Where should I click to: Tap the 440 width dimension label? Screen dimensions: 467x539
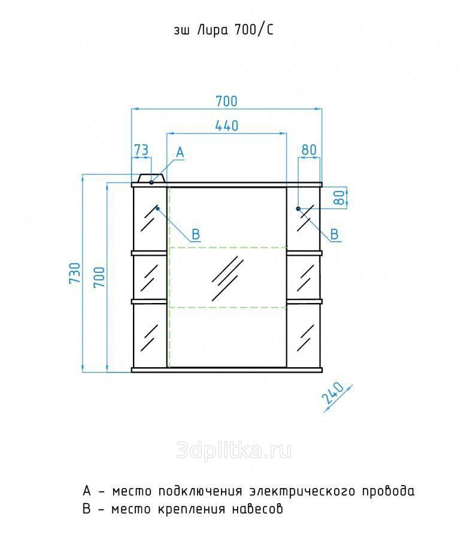(227, 126)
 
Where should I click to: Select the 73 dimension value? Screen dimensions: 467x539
(141, 150)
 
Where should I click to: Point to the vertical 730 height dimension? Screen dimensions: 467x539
(75, 272)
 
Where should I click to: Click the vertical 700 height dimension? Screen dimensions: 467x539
(99, 277)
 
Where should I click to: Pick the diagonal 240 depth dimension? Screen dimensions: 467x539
(332, 393)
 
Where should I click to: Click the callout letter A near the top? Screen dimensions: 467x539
(180, 152)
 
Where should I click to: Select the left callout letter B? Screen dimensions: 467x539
(196, 234)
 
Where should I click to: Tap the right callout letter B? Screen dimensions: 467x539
(334, 234)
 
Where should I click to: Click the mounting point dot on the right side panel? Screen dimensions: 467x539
(298, 208)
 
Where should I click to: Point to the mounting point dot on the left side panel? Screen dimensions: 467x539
(157, 208)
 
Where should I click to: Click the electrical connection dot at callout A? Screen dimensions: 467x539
(151, 182)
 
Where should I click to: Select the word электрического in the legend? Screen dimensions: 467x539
(302, 491)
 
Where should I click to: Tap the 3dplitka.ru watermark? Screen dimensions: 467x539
(233, 450)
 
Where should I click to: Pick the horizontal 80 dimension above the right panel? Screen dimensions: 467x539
(309, 150)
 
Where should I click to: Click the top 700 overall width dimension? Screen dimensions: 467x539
(226, 101)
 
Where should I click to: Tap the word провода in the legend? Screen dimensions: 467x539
(388, 491)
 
